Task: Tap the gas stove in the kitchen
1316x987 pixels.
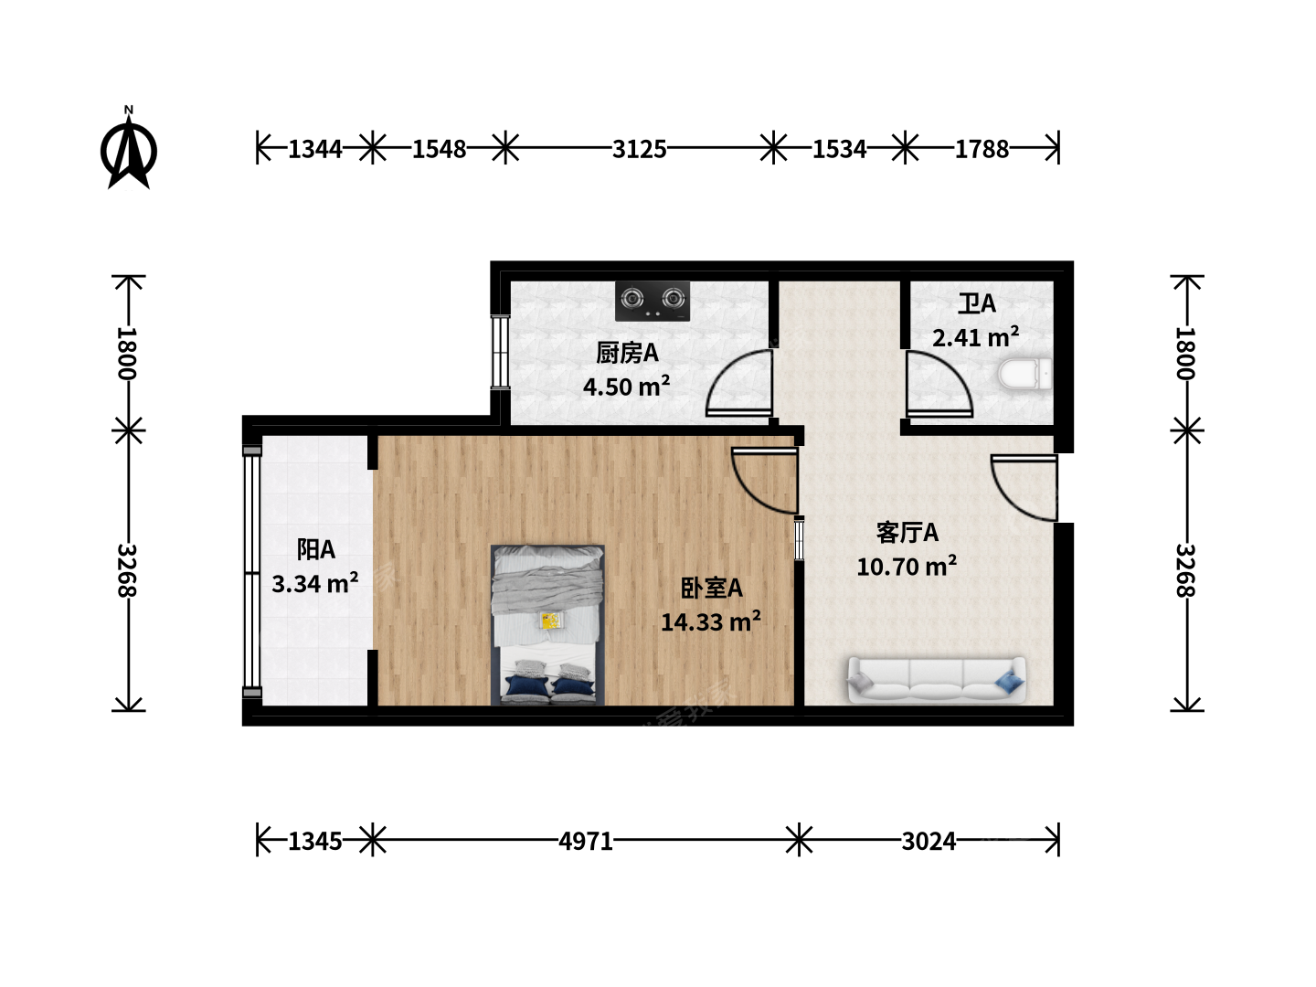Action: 653,301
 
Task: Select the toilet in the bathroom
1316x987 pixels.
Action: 1024,374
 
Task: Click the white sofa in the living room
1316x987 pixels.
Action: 937,680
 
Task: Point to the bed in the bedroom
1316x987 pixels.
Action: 547,624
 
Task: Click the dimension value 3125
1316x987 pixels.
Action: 639,149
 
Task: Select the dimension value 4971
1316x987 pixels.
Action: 586,842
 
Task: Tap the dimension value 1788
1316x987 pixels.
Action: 982,149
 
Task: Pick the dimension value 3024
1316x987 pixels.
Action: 929,842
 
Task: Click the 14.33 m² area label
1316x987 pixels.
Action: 710,621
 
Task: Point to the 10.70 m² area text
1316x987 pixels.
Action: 906,566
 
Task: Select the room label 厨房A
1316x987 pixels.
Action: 627,353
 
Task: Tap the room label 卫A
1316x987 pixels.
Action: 977,303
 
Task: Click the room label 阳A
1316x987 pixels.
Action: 315,549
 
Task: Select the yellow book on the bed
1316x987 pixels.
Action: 550,621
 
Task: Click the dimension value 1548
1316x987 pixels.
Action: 439,149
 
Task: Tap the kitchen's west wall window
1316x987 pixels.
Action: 499,353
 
